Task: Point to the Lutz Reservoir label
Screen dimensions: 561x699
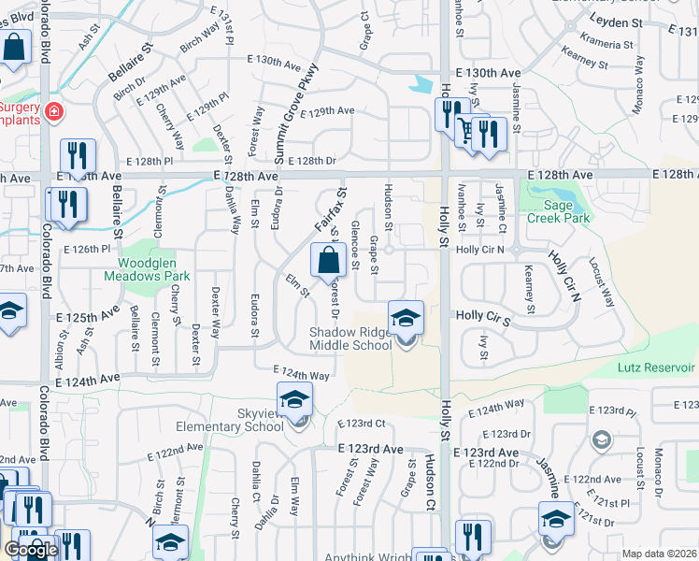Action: pyautogui.click(x=657, y=367)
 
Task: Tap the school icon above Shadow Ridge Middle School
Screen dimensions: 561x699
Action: pyautogui.click(x=406, y=319)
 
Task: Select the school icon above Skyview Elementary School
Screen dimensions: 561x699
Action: pyautogui.click(x=295, y=400)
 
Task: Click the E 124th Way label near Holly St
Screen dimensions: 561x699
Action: pyautogui.click(x=496, y=409)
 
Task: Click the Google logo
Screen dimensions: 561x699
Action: pyautogui.click(x=31, y=549)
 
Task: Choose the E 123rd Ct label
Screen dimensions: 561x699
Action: pyautogui.click(x=361, y=424)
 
